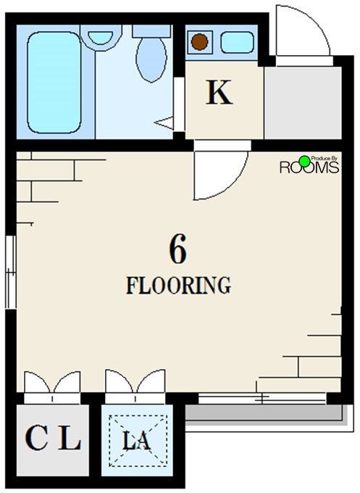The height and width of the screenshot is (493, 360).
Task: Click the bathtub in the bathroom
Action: coord(54,83)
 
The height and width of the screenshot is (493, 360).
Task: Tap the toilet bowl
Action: coord(151,59)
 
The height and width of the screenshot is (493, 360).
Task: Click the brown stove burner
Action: coord(199,42)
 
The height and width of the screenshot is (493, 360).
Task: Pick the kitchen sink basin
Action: coord(237,42)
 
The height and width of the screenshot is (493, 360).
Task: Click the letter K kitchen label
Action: coord(219,92)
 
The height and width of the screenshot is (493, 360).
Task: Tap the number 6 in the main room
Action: coord(177,249)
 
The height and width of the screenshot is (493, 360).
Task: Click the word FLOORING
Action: coord(178,285)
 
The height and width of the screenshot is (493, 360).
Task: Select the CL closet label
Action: coord(53,438)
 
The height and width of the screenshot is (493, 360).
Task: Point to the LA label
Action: coord(136,440)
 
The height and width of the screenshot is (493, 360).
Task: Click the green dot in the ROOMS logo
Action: coord(304,161)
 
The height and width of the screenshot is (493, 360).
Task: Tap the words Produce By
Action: coord(324,159)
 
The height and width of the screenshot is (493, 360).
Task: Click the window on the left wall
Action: coord(11,272)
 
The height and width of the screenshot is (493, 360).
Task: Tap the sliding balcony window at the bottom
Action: coord(262,398)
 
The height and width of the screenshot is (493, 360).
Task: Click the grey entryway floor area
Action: coord(303,102)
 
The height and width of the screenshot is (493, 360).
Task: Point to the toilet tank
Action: coord(151,31)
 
